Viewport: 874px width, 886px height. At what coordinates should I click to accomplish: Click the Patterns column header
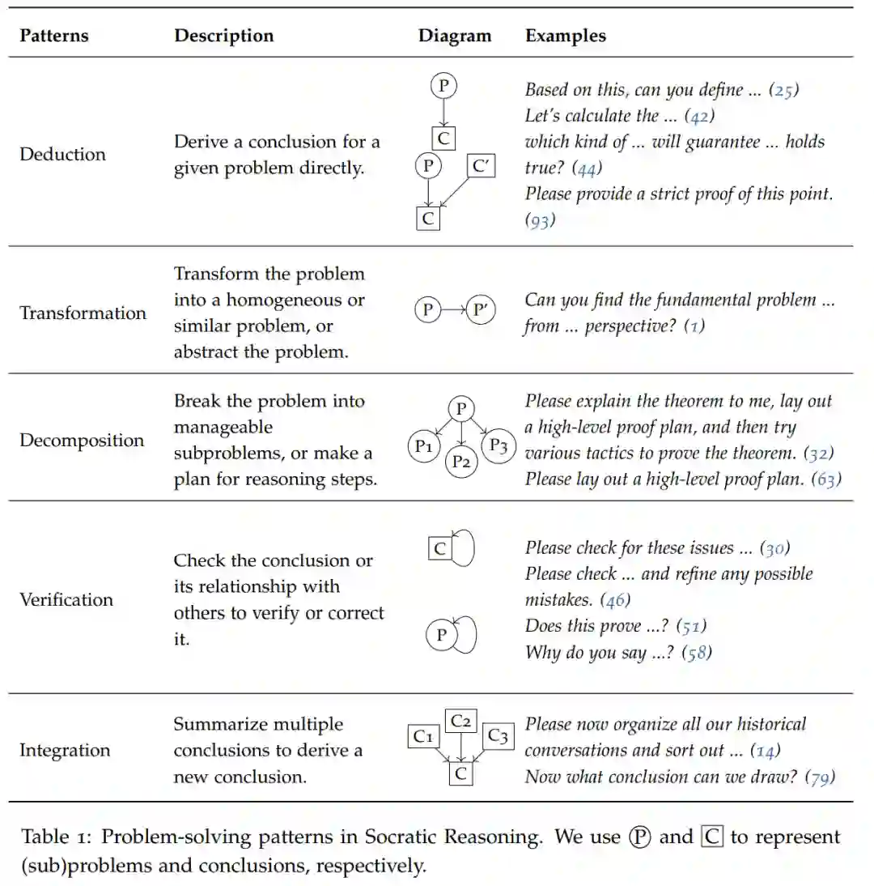pyautogui.click(x=54, y=36)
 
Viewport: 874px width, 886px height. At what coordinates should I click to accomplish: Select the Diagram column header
pyautogui.click(x=454, y=36)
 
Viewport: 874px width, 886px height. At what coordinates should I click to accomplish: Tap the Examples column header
pyautogui.click(x=565, y=36)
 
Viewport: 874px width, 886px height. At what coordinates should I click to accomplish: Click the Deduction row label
pyautogui.click(x=62, y=154)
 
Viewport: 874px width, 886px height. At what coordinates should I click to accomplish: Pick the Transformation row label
pyautogui.click(x=83, y=313)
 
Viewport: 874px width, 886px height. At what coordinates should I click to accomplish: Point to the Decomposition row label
pyautogui.click(x=82, y=441)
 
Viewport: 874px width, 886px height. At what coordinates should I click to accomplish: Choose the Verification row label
pyautogui.click(x=66, y=599)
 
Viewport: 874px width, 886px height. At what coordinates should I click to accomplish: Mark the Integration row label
pyautogui.click(x=65, y=750)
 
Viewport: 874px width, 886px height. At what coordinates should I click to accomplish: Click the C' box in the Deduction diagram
pyautogui.click(x=482, y=167)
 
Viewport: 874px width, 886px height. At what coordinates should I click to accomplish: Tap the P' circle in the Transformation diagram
pyautogui.click(x=481, y=309)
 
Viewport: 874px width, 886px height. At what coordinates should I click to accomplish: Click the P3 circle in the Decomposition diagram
pyautogui.click(x=499, y=446)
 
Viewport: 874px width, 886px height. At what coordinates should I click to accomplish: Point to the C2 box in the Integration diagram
pyautogui.click(x=462, y=720)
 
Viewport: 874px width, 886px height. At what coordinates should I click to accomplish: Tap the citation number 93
pyautogui.click(x=540, y=220)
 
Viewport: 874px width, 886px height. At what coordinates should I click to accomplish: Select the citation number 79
pyautogui.click(x=820, y=777)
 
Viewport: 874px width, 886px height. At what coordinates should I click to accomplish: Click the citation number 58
pyautogui.click(x=696, y=652)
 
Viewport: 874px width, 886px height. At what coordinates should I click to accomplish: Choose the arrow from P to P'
pyautogui.click(x=453, y=309)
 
